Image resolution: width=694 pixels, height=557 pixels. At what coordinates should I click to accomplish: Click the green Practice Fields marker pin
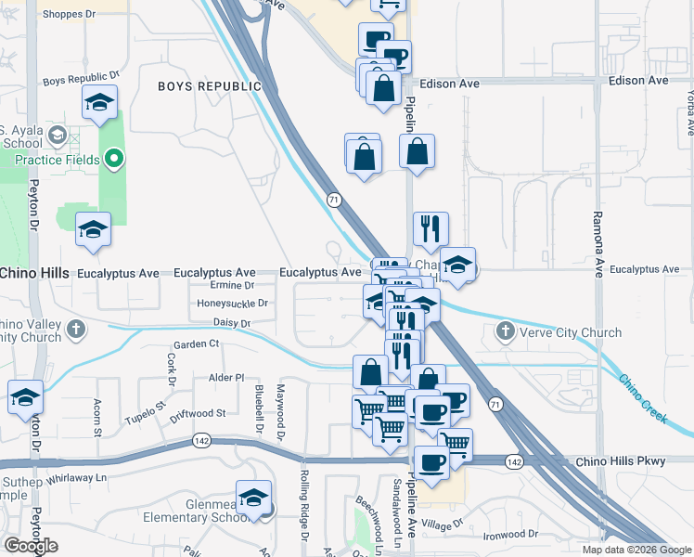[x=114, y=160]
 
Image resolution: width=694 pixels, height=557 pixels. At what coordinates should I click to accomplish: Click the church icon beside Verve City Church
[x=506, y=331]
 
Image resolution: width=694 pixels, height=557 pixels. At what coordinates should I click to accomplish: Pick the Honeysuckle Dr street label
[x=232, y=304]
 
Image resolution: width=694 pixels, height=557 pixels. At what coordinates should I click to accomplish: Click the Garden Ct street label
[x=196, y=343]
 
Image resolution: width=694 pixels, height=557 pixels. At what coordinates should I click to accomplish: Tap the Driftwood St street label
[x=198, y=412]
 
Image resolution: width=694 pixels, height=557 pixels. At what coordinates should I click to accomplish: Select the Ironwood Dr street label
[x=510, y=535]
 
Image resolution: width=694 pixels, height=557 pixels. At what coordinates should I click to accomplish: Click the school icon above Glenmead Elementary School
[x=253, y=499]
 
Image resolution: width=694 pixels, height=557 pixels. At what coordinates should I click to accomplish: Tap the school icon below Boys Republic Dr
[x=99, y=104]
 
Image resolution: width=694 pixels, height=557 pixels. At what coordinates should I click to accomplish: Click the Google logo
[x=31, y=546]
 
